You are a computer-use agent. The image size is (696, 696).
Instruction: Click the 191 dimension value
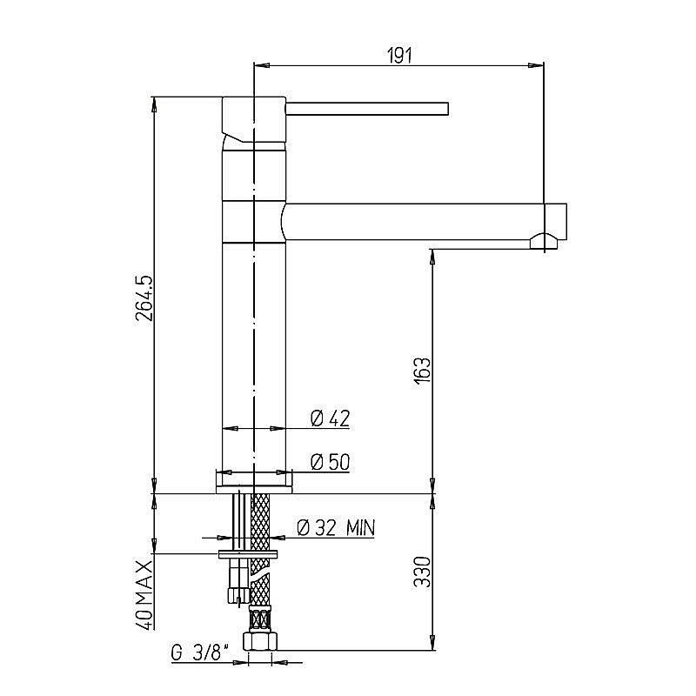point(399,56)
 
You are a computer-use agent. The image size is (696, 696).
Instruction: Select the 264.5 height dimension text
point(144,298)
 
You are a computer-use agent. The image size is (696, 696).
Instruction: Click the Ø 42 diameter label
point(331,418)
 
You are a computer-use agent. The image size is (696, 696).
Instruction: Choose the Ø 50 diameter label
point(331,462)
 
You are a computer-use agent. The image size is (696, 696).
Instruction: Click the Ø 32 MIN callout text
point(336,528)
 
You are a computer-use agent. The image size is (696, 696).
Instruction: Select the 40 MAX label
point(144,595)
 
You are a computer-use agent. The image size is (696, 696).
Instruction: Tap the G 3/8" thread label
point(200,653)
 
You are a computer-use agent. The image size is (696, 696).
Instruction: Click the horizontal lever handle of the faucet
point(367,109)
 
